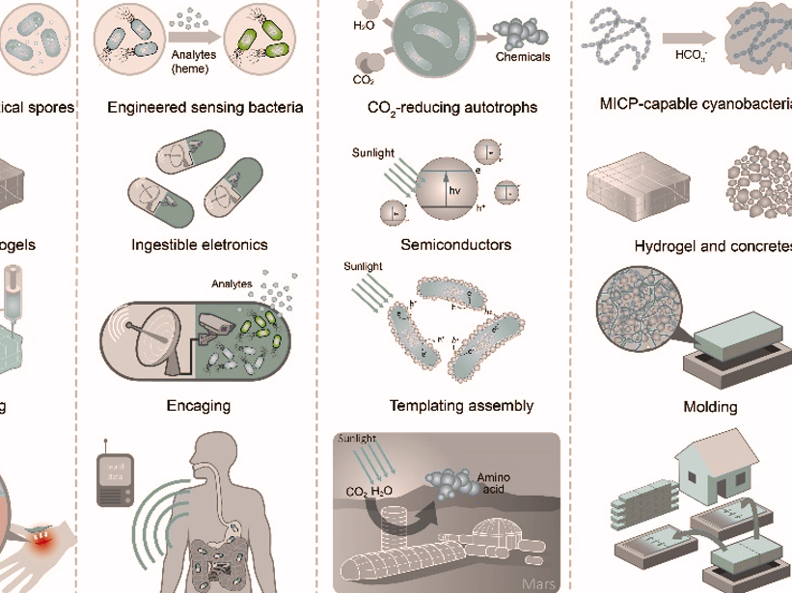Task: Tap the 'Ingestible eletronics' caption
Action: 200,245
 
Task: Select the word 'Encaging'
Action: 199,406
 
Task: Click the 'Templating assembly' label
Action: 461,406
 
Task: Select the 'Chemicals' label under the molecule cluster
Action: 523,57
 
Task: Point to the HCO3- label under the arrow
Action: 691,57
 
